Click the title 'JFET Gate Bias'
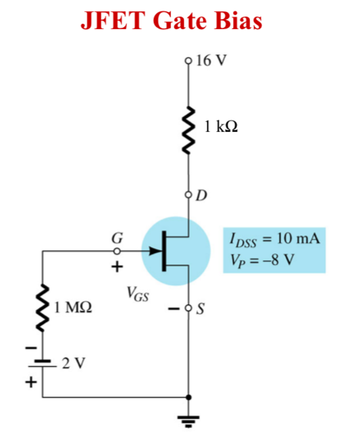coord(170,21)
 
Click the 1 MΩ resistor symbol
coord(44,307)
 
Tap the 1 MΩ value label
coord(73,307)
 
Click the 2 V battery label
coord(72,362)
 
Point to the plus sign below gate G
coord(117,267)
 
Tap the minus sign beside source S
coord(177,308)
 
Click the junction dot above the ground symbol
coord(190,398)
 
